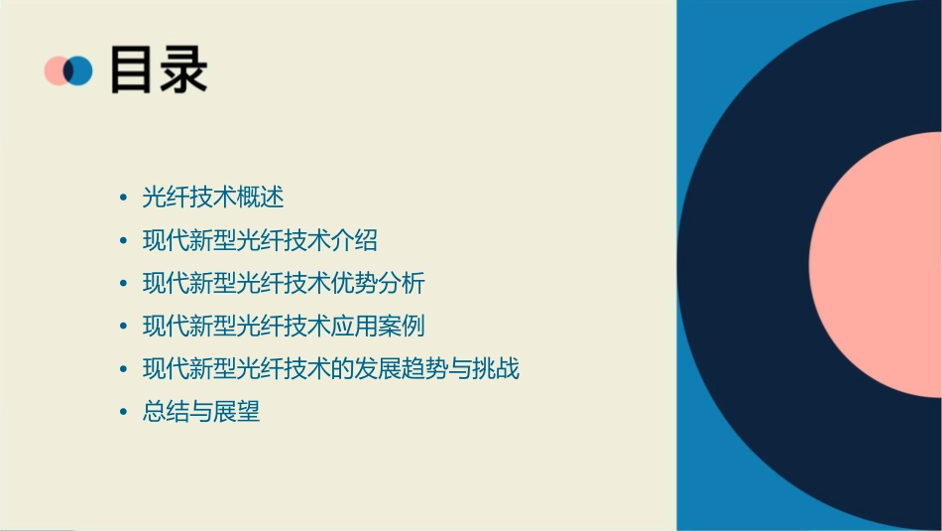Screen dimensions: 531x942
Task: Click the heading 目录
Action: (x=159, y=69)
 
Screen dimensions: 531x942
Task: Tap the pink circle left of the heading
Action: (x=55, y=70)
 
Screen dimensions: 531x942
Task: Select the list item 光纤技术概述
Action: (x=213, y=198)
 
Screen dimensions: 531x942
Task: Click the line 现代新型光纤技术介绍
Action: (x=260, y=240)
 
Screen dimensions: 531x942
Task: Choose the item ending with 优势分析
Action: (x=284, y=283)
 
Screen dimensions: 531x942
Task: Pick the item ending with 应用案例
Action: (x=284, y=326)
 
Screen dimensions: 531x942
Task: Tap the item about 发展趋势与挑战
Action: (x=331, y=369)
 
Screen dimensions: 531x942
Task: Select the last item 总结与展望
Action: (x=201, y=412)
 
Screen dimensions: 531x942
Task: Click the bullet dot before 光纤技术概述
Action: (x=123, y=199)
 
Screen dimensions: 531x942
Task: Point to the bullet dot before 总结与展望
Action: (x=123, y=412)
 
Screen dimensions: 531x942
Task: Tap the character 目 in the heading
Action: (x=133, y=69)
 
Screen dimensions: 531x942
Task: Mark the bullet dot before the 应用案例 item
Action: (x=123, y=327)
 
